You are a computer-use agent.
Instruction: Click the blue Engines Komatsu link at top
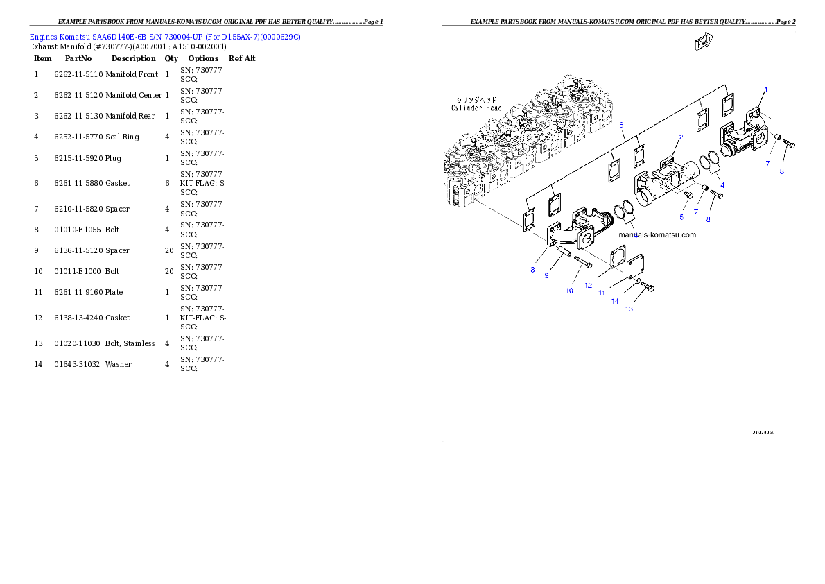point(165,36)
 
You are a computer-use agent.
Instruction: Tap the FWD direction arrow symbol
point(704,42)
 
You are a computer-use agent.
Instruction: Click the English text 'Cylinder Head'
point(476,108)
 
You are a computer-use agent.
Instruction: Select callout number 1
point(766,89)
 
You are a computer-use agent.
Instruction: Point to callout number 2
point(681,137)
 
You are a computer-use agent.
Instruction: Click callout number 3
point(532,269)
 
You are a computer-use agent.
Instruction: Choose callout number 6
point(621,124)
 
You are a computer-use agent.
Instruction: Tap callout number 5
point(681,217)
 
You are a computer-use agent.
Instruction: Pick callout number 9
point(546,275)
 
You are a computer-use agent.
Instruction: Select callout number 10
point(569,291)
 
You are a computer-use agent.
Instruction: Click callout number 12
point(588,285)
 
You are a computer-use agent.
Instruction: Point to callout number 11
point(602,293)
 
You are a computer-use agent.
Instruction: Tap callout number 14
point(615,301)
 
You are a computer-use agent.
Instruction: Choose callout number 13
point(629,309)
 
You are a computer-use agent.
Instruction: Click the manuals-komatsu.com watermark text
point(657,234)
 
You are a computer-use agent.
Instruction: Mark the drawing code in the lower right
point(763,432)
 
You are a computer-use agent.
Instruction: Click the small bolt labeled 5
point(688,196)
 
